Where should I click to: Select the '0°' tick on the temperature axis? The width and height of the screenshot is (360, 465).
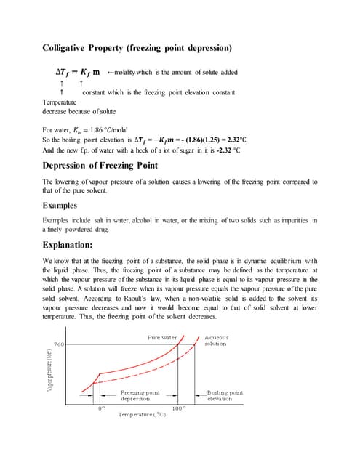coord(102,408)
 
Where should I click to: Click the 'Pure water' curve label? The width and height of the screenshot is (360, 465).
coord(163,338)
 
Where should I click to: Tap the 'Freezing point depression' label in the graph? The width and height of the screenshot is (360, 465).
coord(140,396)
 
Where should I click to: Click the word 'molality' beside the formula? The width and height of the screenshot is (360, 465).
coord(128,73)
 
